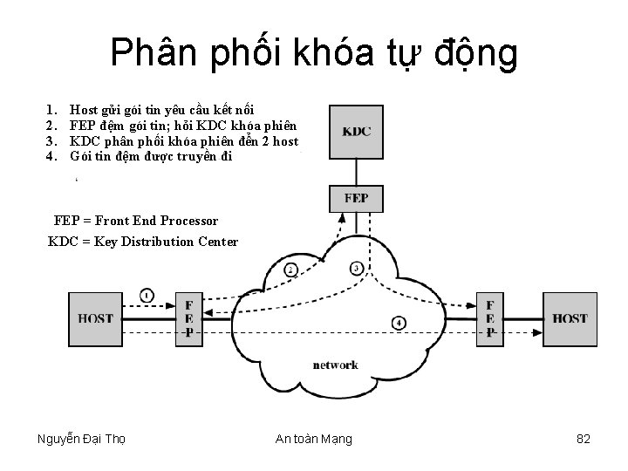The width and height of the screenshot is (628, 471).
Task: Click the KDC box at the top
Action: coord(356,132)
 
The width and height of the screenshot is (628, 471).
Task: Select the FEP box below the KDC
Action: coord(356,198)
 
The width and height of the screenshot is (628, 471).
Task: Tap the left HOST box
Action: coord(96,318)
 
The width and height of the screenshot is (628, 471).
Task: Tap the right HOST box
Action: coord(569,318)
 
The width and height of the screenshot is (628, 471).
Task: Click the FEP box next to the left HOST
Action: coord(189,318)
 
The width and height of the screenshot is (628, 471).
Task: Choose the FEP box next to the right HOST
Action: coord(490,318)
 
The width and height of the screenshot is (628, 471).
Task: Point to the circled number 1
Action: coord(147,296)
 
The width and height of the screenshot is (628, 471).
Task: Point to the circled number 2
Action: coord(290,270)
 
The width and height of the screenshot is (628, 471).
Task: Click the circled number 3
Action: coord(357,268)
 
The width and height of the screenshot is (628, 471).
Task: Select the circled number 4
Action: coord(398,323)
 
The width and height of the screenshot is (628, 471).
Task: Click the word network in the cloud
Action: coord(335,365)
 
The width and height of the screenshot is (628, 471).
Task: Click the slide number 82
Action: coord(584,439)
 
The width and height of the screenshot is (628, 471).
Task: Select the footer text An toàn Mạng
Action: coord(314,439)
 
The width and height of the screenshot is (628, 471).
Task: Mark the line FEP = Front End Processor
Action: coord(136,222)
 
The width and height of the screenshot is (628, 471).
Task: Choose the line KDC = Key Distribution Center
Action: coord(142,241)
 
